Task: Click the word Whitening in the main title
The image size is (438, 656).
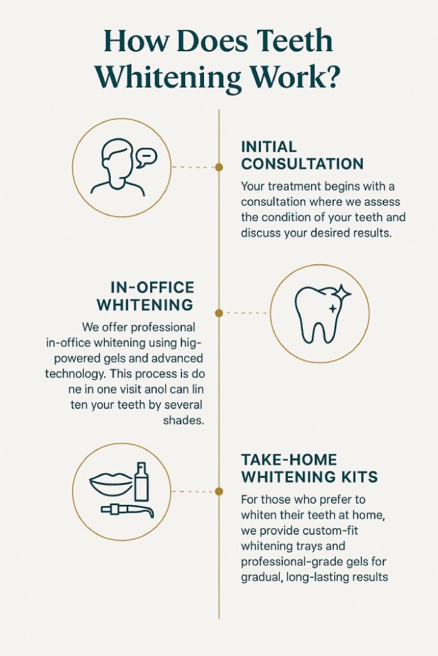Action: (x=163, y=78)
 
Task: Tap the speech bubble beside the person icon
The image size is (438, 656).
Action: (x=146, y=157)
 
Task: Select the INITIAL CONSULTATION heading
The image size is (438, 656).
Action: (x=302, y=155)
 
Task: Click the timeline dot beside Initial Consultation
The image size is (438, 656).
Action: (x=219, y=167)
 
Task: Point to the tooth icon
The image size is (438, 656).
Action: (x=317, y=314)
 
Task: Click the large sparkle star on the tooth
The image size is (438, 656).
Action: (x=342, y=294)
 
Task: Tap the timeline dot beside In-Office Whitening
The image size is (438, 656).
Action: (x=219, y=313)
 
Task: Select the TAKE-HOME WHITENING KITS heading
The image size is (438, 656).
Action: (x=308, y=468)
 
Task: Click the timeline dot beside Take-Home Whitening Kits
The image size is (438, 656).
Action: (x=219, y=491)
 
